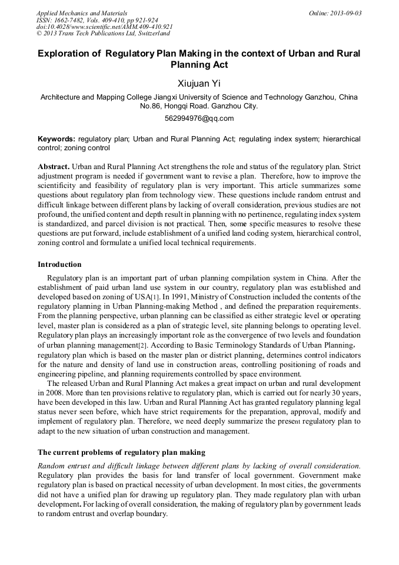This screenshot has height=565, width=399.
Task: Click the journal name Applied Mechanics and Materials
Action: point(81,13)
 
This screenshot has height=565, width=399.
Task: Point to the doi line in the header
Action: point(104,27)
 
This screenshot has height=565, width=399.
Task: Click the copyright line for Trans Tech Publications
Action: point(103,34)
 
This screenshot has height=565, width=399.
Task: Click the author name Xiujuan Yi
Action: point(199,84)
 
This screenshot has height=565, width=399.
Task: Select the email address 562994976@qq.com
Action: point(199,118)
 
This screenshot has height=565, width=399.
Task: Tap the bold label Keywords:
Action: point(56,139)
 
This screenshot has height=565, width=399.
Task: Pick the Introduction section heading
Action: point(59,264)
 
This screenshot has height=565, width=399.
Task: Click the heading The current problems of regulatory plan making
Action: point(121,452)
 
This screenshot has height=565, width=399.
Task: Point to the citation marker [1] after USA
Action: point(155,297)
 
